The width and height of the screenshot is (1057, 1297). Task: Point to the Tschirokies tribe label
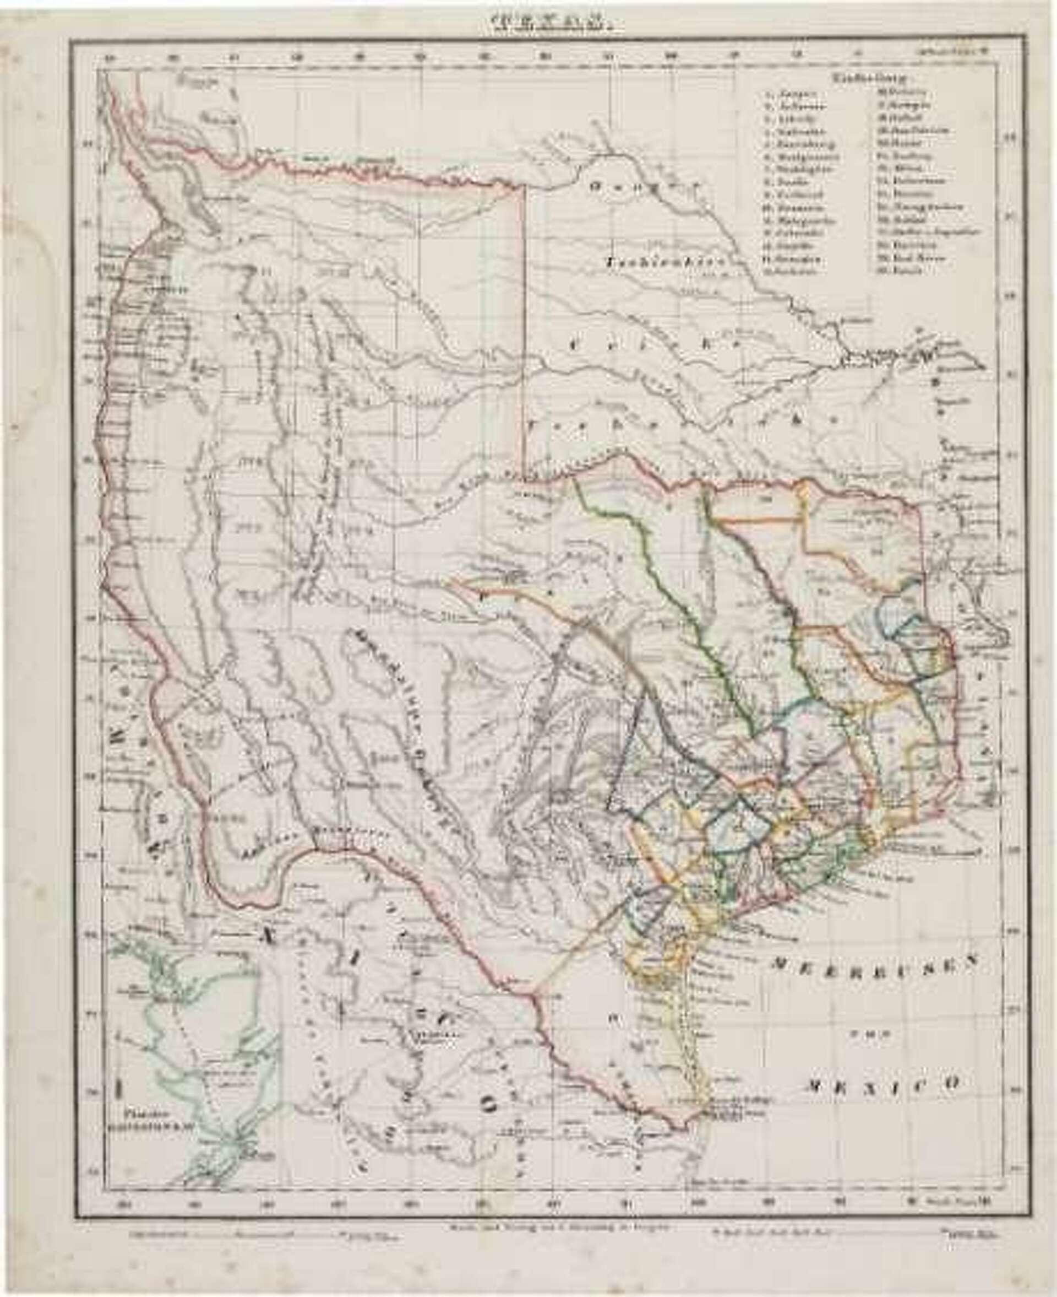pyautogui.click(x=664, y=263)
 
